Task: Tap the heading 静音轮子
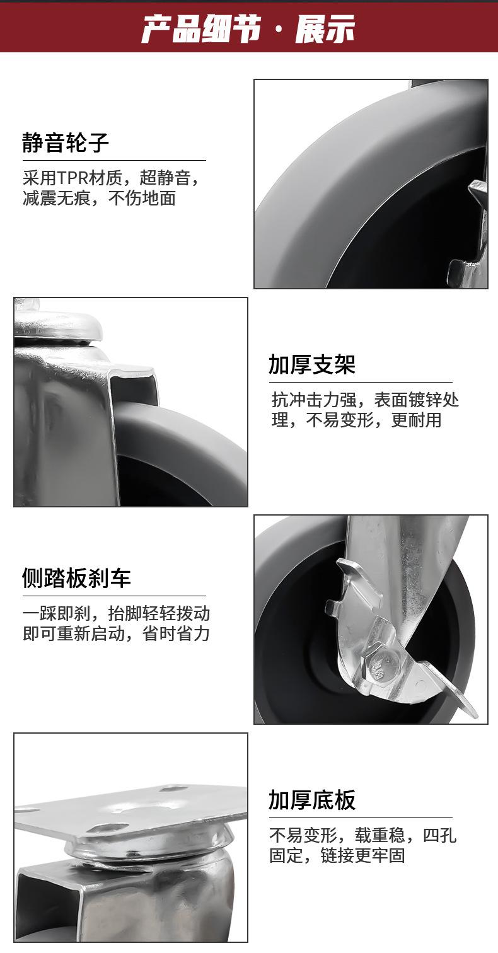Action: pyautogui.click(x=66, y=142)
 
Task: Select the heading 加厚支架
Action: pyautogui.click(x=312, y=364)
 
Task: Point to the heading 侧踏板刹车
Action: pyautogui.click(x=76, y=577)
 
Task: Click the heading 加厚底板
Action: pyautogui.click(x=312, y=800)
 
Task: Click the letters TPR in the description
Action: pyautogui.click(x=74, y=178)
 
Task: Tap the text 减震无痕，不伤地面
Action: pyautogui.click(x=99, y=199)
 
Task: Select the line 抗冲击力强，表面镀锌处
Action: pyautogui.click(x=365, y=400)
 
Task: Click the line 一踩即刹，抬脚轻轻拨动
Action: pyautogui.click(x=117, y=613)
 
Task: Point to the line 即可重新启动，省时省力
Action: pyautogui.click(x=116, y=633)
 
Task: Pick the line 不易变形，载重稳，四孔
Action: pyautogui.click(x=362, y=836)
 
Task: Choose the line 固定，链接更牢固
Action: pyautogui.click(x=337, y=855)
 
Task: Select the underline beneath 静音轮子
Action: pyautogui.click(x=114, y=160)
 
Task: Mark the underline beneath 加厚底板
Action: pyautogui.click(x=360, y=817)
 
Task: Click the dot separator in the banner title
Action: pyautogui.click(x=280, y=30)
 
